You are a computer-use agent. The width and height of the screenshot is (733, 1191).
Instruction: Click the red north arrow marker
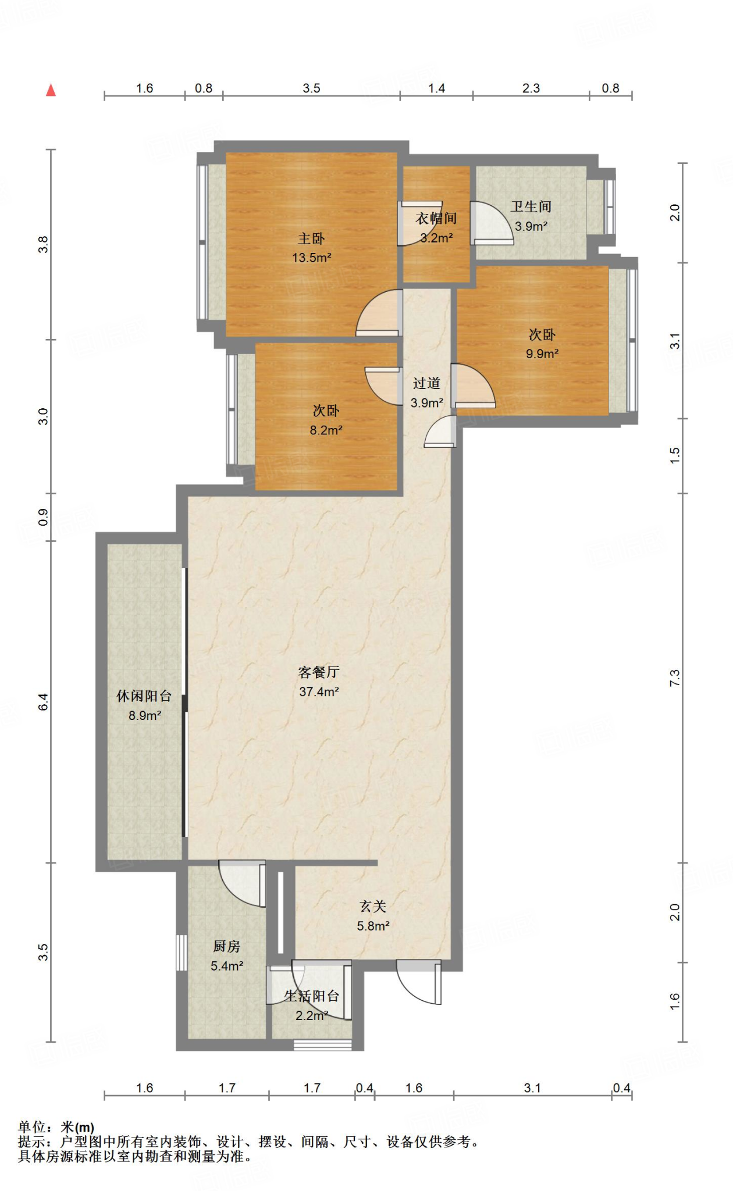51,90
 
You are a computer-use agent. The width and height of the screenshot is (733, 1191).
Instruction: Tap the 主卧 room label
311,238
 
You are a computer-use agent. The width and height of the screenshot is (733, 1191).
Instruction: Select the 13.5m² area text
312,258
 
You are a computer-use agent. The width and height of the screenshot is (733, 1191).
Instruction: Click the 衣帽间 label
436,219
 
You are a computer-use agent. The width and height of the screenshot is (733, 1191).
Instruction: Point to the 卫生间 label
531,206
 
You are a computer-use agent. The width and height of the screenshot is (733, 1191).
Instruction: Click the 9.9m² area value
542,354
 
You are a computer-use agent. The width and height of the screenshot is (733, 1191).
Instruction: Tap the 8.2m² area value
326,430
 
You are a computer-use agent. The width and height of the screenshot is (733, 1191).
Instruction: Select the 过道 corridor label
426,383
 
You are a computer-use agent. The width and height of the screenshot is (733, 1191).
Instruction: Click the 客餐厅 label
319,672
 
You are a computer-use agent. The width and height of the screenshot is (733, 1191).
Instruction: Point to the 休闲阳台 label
144,696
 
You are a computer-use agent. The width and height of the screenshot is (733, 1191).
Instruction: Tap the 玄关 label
373,907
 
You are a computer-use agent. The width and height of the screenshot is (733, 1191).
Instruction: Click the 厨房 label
227,947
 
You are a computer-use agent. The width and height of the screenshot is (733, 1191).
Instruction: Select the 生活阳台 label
312,996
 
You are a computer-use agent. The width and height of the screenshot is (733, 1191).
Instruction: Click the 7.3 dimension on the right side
674,678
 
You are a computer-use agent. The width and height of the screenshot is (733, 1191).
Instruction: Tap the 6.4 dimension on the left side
43,702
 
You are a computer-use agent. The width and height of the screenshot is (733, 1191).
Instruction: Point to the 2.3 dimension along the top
531,88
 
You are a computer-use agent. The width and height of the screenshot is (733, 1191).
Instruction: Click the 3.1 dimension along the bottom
532,1088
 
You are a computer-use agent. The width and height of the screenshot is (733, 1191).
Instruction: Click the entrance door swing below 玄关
419,982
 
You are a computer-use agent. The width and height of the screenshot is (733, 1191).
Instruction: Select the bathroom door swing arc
492,223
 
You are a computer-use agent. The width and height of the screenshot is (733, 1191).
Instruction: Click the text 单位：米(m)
56,1128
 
